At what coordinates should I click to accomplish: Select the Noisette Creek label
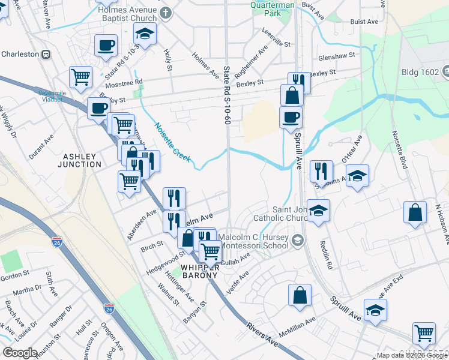click(172, 143)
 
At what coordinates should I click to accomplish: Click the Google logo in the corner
click(20, 353)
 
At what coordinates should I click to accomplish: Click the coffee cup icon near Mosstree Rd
click(106, 44)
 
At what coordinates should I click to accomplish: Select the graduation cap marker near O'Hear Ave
click(358, 175)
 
